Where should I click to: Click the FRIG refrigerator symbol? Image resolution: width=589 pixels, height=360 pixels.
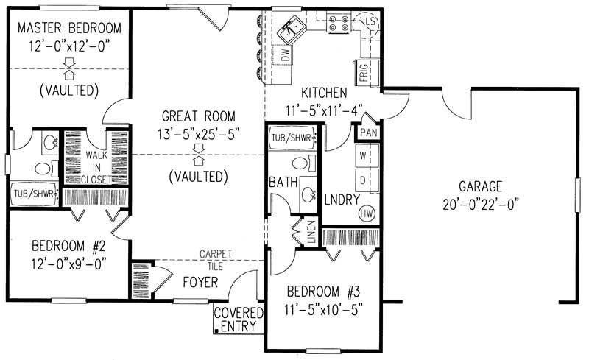(364, 72)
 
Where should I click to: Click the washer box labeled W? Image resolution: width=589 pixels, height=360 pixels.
(363, 156)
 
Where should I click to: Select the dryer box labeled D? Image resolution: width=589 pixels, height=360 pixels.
(363, 180)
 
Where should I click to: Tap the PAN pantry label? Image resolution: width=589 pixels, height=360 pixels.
(367, 133)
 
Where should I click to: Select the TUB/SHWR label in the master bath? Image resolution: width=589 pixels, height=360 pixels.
(33, 194)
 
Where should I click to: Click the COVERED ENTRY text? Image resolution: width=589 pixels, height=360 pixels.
(236, 320)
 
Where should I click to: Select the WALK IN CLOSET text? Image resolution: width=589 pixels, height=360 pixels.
(97, 167)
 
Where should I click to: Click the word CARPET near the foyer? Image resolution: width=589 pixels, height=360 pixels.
(216, 253)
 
